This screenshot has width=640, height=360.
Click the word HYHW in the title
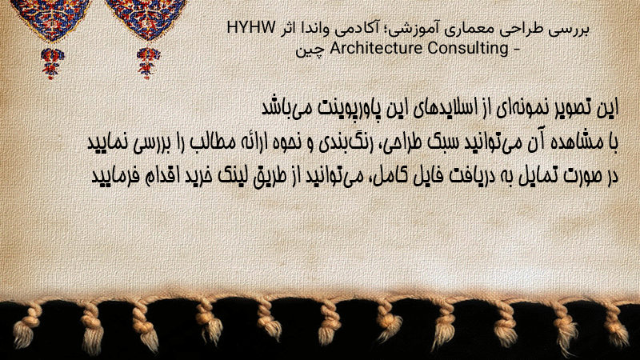click(x=251, y=28)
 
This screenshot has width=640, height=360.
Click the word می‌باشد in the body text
click(x=286, y=108)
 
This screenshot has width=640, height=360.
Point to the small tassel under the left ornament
click(x=51, y=63)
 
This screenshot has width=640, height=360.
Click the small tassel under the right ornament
click(x=148, y=62)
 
